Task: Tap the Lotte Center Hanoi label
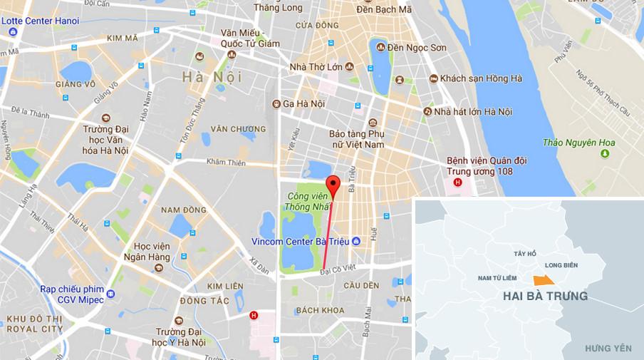tap(40, 21)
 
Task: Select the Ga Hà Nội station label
tap(304, 103)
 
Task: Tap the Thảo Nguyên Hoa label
tap(578, 143)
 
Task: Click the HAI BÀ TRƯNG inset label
tap(545, 296)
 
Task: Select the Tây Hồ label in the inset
tap(524, 253)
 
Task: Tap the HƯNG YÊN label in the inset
tap(608, 348)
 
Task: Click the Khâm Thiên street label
tap(226, 163)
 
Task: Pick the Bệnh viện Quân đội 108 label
tap(479, 166)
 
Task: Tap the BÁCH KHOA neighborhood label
tap(320, 310)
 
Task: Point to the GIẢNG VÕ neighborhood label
tap(80, 83)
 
